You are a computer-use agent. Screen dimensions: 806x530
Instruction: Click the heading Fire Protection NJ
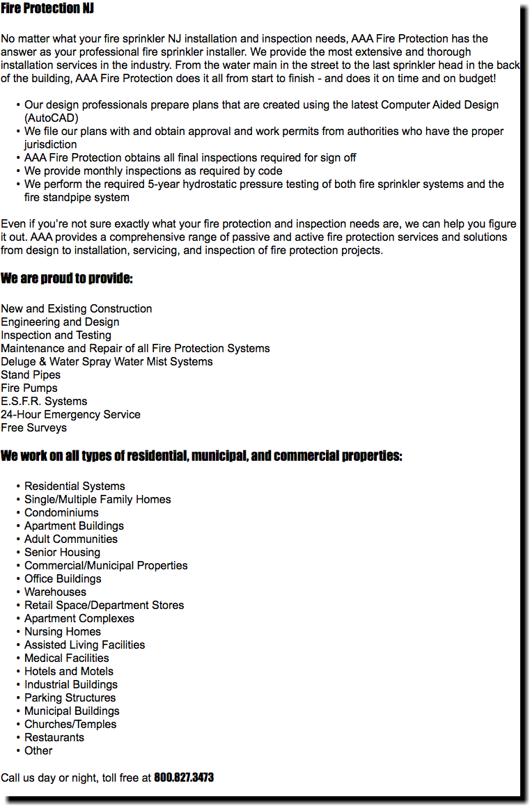click(x=47, y=8)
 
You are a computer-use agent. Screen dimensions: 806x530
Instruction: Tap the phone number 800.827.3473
click(x=184, y=777)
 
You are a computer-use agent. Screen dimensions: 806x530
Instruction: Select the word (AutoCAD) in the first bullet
click(x=51, y=118)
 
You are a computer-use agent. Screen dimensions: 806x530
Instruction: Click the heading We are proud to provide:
click(x=67, y=279)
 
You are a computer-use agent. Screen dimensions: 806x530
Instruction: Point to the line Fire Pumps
click(x=29, y=388)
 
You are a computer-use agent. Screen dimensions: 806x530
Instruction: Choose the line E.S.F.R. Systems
click(x=44, y=402)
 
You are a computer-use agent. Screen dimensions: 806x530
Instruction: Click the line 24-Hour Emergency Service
click(x=70, y=415)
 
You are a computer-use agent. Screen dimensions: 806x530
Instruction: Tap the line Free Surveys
click(x=33, y=428)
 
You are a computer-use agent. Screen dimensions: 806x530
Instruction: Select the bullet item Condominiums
click(x=61, y=513)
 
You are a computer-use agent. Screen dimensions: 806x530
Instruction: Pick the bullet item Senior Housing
click(x=62, y=553)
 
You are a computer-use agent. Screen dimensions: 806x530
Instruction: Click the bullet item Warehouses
click(x=55, y=592)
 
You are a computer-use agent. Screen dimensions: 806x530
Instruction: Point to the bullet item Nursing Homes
click(x=63, y=632)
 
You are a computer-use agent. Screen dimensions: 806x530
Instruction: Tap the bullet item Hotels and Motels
click(x=69, y=672)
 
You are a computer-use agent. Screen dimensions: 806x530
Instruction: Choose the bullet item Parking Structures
click(x=70, y=698)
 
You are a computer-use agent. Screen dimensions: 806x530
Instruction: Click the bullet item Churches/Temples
click(x=70, y=725)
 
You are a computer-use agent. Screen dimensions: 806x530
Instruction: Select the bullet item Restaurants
click(x=54, y=738)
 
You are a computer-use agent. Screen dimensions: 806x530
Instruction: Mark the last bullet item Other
click(x=38, y=751)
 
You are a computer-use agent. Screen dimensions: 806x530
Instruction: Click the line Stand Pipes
click(x=31, y=375)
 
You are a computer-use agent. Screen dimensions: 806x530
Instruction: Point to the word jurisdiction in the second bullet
click(x=50, y=145)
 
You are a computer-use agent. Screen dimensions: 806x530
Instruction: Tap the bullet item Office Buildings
click(x=63, y=579)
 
